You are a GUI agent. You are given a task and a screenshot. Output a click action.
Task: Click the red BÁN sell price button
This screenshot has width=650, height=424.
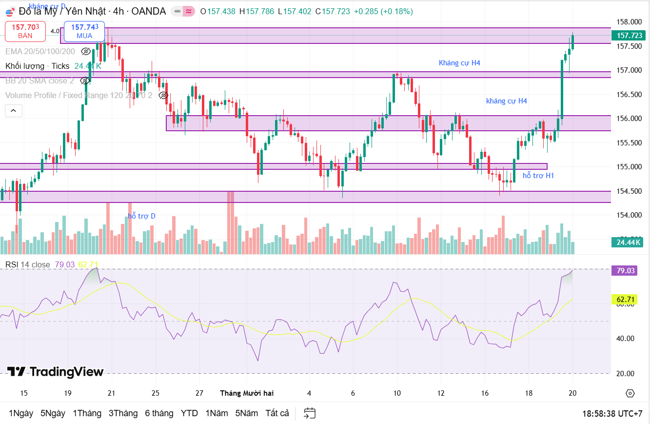coord(25,31)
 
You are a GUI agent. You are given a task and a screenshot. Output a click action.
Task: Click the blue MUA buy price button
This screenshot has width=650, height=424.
coord(84,31)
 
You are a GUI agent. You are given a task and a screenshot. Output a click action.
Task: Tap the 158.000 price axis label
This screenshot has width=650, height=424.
coord(630,22)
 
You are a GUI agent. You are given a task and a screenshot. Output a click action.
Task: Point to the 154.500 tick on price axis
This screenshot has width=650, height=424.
coord(630,191)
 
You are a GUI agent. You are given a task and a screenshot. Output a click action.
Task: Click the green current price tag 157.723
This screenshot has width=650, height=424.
coord(630,36)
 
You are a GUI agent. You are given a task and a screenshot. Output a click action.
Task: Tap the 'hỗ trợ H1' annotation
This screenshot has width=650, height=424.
coord(538,176)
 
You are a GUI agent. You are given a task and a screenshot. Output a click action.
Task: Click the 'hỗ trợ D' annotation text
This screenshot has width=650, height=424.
coord(142,216)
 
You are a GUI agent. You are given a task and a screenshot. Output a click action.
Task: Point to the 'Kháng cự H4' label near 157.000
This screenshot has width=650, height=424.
coord(459,63)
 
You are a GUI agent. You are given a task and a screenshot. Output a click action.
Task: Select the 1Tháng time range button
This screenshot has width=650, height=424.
coord(87,413)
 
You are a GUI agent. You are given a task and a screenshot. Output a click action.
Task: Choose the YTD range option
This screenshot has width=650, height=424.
coord(189,413)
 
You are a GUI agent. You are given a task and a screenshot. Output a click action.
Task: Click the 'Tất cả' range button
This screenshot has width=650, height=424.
coord(277,413)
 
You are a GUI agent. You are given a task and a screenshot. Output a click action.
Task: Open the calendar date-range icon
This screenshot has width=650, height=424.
coord(310,413)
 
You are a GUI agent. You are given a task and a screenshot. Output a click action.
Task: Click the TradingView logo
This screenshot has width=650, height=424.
coord(55,372)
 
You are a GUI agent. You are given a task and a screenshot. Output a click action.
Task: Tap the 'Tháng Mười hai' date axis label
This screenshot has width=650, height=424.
coord(247,393)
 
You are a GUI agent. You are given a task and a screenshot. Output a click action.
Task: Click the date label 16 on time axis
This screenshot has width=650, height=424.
coord(485,393)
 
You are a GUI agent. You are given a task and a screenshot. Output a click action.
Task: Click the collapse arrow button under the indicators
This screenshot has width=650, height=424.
coord(14,111)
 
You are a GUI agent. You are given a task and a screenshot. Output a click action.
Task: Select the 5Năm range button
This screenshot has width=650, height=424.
coord(246,413)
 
